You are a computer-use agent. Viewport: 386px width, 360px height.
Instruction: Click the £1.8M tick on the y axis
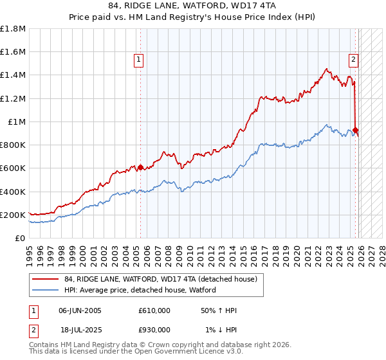click(13, 29)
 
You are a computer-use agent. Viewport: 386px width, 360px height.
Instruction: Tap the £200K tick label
click(13, 215)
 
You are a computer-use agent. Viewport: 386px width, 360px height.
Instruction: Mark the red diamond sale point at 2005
click(140, 167)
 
